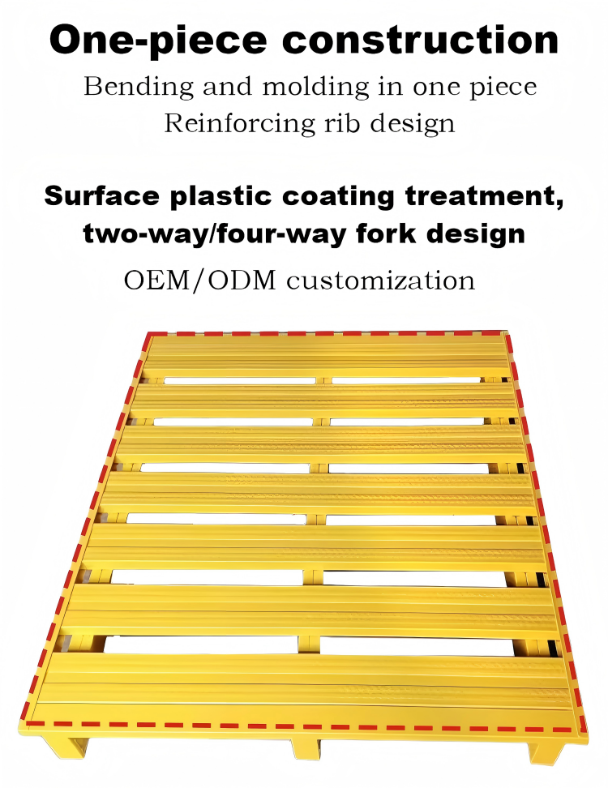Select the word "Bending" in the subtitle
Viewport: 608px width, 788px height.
pos(139,88)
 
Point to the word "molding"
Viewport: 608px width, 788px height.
pos(316,88)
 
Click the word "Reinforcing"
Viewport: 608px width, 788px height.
pos(240,123)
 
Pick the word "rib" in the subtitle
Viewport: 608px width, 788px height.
pos(341,123)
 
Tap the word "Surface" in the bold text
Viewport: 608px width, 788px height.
pos(101,195)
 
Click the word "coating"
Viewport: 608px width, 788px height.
pos(338,197)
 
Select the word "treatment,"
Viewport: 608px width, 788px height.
pos(485,196)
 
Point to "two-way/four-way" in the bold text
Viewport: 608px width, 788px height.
pos(215,234)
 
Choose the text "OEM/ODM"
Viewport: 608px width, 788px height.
pos(200,281)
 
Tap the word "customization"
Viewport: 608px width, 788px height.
pos(380,281)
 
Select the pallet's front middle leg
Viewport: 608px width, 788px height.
pos(306,749)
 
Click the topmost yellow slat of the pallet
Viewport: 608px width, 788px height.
pos(326,356)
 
